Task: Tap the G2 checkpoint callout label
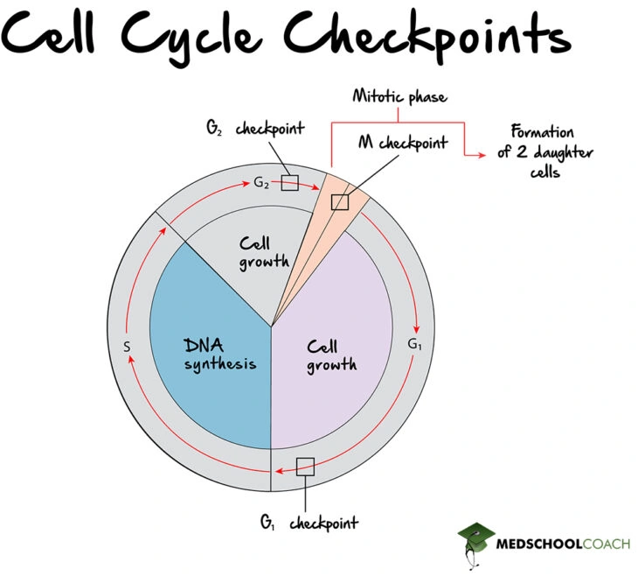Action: (x=254, y=129)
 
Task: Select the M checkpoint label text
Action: (x=404, y=143)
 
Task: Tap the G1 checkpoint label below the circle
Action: (x=308, y=523)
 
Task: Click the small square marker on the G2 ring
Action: (x=290, y=183)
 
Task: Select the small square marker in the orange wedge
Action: (x=340, y=201)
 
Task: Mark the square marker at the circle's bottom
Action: (x=305, y=466)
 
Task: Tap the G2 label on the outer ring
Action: (x=261, y=182)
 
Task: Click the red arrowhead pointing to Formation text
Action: (x=480, y=154)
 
